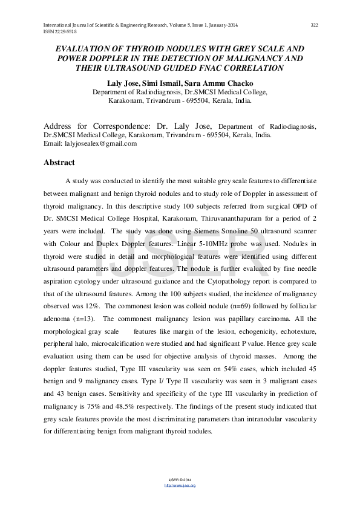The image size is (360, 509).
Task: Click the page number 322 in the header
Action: [314, 25]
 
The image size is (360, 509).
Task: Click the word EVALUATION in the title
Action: [84, 48]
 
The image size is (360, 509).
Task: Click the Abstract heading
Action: [59, 163]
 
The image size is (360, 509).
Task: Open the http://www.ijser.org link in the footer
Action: [180, 485]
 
